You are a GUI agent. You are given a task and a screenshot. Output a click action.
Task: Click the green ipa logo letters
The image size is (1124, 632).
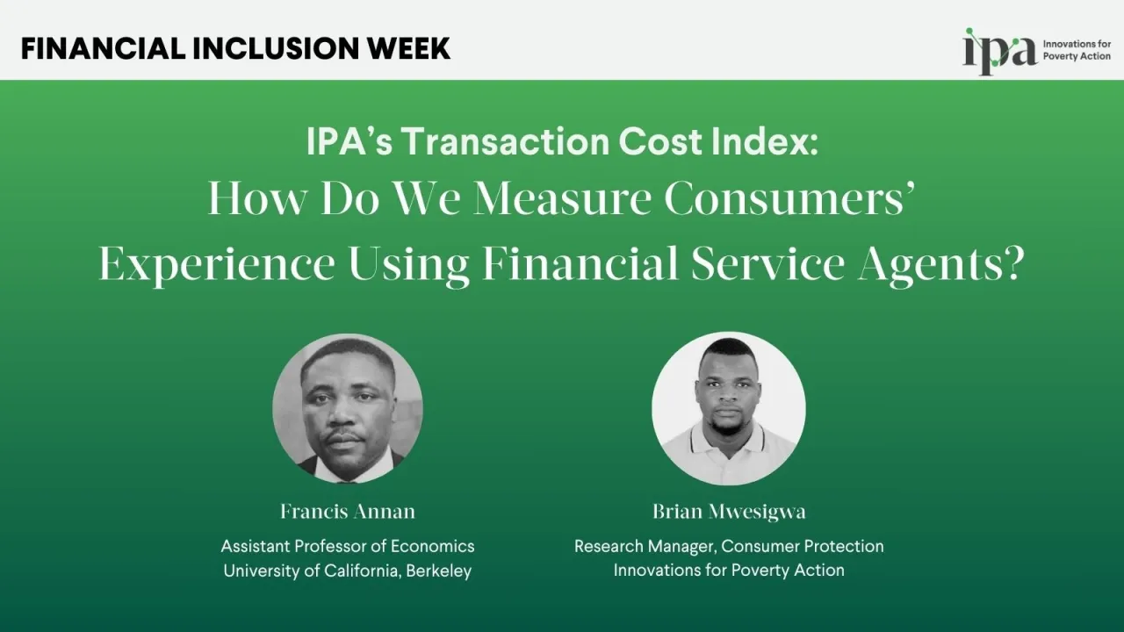pyautogui.click(x=999, y=51)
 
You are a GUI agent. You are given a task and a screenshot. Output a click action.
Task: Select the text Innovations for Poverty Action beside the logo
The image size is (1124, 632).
pyautogui.click(x=1077, y=50)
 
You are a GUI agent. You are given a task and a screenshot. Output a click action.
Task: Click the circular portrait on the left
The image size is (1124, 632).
pyautogui.click(x=348, y=409)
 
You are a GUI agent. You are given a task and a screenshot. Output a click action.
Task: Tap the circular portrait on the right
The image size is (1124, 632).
pyautogui.click(x=728, y=409)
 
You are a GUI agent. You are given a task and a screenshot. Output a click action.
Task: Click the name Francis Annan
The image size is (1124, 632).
pyautogui.click(x=348, y=511)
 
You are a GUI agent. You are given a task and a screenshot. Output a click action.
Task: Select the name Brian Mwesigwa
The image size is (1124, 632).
pyautogui.click(x=729, y=511)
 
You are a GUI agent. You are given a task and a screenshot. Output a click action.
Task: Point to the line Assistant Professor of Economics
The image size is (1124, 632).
pyautogui.click(x=348, y=546)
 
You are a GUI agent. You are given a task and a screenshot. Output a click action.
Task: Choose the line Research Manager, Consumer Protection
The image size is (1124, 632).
pyautogui.click(x=729, y=546)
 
